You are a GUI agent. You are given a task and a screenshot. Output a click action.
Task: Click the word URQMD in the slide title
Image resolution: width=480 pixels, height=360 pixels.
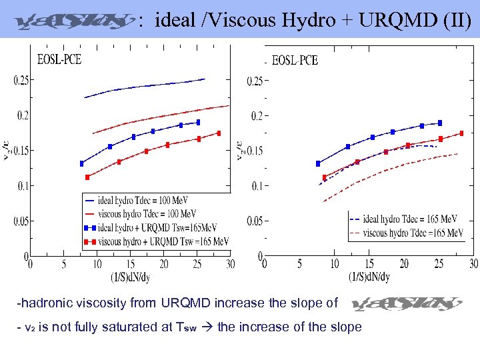[387, 21]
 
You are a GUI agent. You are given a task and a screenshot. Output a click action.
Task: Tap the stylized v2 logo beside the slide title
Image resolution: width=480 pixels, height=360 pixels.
[71, 21]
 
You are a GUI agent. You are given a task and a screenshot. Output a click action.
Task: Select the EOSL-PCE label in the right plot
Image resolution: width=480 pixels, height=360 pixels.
[295, 61]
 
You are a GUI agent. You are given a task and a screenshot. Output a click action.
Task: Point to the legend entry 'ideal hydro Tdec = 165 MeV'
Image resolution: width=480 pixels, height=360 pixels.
[410, 219]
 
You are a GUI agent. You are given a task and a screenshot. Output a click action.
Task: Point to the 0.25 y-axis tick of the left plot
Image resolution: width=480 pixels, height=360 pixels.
[21, 81]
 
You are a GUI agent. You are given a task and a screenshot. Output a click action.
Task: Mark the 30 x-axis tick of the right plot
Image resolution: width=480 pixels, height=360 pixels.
[473, 265]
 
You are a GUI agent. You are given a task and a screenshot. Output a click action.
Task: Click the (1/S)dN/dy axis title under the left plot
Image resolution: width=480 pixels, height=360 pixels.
[130, 277]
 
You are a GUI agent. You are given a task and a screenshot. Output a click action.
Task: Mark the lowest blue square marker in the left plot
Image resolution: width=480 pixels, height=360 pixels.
[82, 163]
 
